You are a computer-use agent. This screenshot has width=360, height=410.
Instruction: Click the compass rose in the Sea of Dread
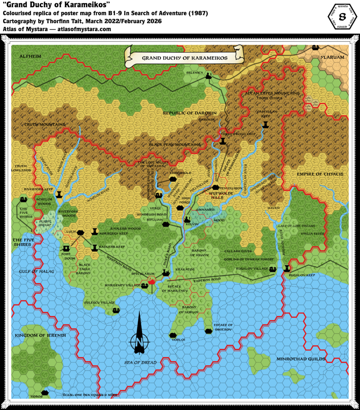139,338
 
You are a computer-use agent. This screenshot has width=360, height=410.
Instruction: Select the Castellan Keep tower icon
265,125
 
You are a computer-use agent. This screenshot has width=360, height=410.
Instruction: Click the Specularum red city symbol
151,281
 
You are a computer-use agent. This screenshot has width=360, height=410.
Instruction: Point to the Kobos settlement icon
45,393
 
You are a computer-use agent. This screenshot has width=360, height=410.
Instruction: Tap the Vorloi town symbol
173,335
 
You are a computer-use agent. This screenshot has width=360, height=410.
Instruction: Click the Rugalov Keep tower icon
287,268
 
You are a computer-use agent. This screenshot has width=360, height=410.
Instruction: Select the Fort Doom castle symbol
66,249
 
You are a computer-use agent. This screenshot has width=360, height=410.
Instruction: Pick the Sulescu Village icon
116,310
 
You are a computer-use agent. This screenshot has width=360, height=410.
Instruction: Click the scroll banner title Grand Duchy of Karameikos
185,58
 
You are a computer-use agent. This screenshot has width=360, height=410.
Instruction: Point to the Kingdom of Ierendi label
40,335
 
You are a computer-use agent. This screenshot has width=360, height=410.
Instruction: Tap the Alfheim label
30,56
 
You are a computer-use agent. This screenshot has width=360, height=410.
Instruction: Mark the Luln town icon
80,232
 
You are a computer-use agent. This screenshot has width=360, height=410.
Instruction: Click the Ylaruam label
332,57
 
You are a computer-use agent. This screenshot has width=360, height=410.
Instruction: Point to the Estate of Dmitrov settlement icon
208,331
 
